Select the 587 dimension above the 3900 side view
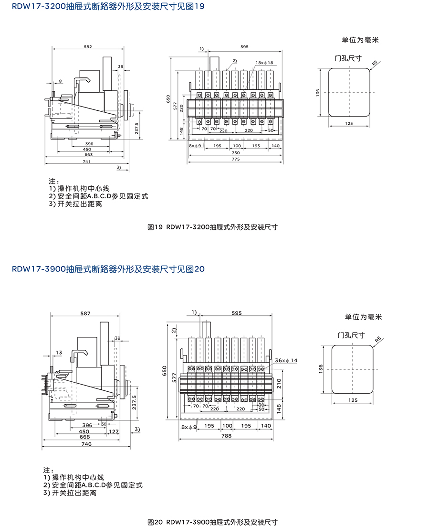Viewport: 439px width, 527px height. [85, 313]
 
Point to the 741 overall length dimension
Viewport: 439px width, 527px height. [86, 162]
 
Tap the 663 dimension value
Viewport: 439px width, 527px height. [88, 155]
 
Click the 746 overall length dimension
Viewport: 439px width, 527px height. [86, 444]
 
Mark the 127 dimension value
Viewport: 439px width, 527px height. [113, 431]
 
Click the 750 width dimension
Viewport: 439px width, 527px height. [236, 152]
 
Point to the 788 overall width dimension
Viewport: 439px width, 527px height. [226, 435]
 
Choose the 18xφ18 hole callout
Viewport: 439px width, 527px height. [264, 63]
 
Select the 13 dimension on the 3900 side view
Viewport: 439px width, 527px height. [59, 353]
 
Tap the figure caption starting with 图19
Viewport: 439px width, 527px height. [212, 227]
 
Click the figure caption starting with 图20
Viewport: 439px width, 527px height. [212, 522]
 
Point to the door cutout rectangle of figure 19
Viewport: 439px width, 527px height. [350, 92]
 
